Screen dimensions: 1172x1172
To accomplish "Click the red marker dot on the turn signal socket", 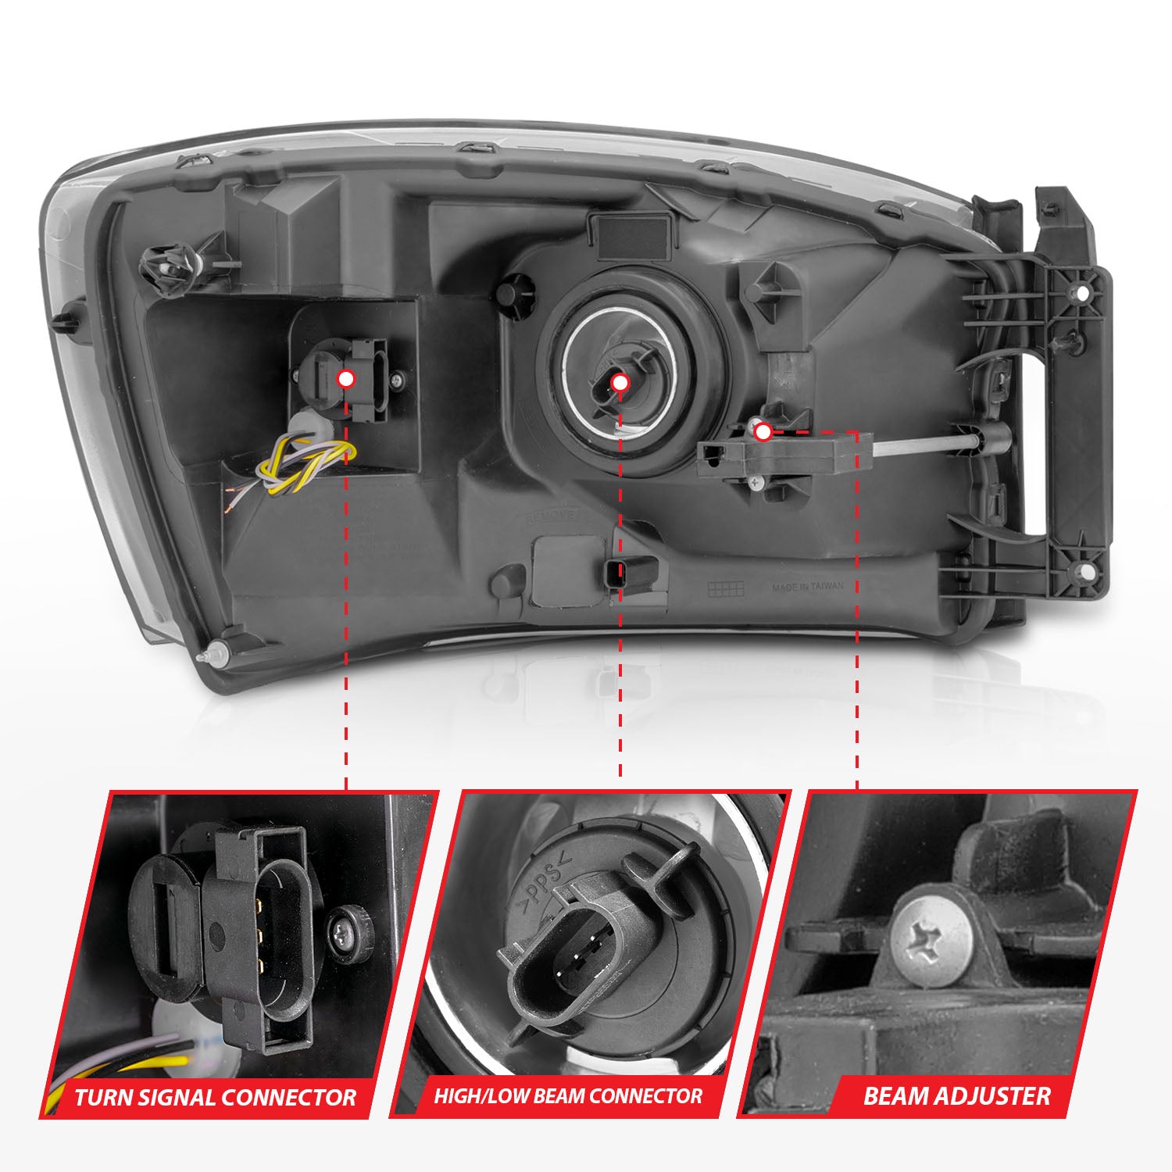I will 345,379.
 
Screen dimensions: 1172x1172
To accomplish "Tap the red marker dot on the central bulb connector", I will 620,383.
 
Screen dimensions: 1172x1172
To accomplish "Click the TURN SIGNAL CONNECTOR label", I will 215,1097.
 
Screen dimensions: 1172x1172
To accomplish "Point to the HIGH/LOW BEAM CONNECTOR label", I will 568,1095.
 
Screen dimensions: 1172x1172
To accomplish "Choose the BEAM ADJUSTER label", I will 956,1095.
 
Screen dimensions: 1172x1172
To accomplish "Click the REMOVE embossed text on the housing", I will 552,516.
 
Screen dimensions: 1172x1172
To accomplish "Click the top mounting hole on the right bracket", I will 1082,294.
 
